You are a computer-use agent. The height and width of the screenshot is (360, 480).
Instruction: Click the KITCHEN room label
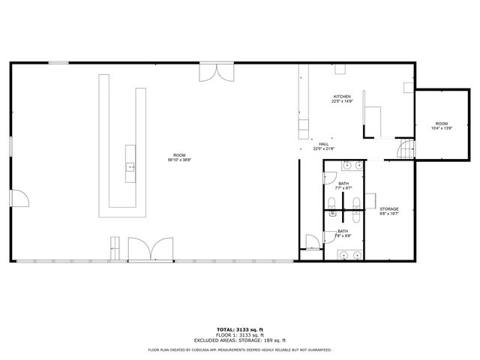[342, 97]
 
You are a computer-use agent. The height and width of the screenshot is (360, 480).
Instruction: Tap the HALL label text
[323, 144]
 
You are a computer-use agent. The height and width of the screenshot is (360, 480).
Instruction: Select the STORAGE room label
[388, 208]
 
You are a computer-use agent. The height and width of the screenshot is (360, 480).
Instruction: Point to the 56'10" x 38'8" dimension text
[179, 160]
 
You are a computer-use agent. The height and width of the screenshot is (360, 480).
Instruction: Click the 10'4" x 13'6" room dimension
[440, 128]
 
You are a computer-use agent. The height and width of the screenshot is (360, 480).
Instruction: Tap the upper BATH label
[343, 184]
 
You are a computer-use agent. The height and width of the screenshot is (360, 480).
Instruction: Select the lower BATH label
[342, 231]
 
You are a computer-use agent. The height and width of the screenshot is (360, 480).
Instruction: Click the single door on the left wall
[20, 198]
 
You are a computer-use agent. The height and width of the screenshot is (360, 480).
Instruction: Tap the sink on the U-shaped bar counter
[130, 166]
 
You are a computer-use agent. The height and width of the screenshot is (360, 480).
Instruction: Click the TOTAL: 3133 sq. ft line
[239, 329]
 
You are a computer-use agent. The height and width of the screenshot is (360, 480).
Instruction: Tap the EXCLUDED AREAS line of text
[239, 340]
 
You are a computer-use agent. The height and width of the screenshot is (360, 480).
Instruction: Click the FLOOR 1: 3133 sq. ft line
[239, 334]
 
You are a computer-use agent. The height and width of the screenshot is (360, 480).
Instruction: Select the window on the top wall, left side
[58, 63]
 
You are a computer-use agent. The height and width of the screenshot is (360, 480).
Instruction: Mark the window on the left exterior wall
[10, 146]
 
